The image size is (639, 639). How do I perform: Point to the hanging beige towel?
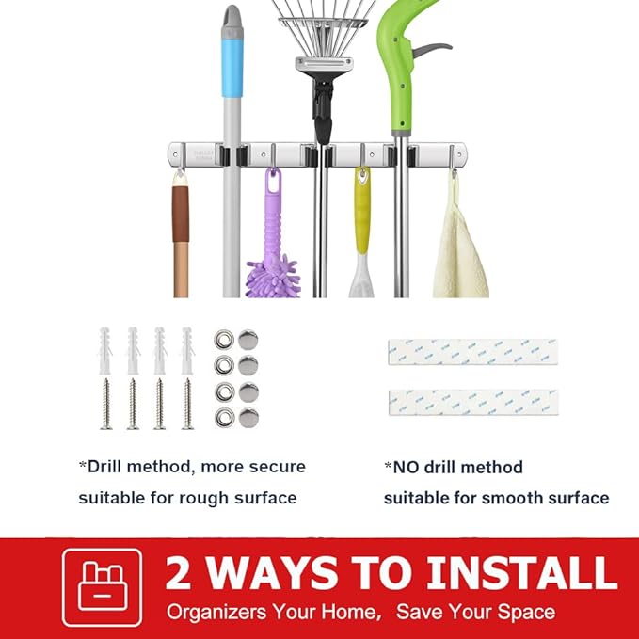[459, 249]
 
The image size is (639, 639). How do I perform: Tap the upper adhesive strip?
[471, 352]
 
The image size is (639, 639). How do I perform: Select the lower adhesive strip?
[471, 403]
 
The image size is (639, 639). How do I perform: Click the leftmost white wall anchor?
[106, 348]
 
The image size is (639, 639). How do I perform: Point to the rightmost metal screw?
[187, 404]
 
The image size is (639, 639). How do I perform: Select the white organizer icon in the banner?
[102, 587]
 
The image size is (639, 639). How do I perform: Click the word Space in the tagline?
[522, 612]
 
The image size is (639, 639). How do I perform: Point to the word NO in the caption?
[408, 467]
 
